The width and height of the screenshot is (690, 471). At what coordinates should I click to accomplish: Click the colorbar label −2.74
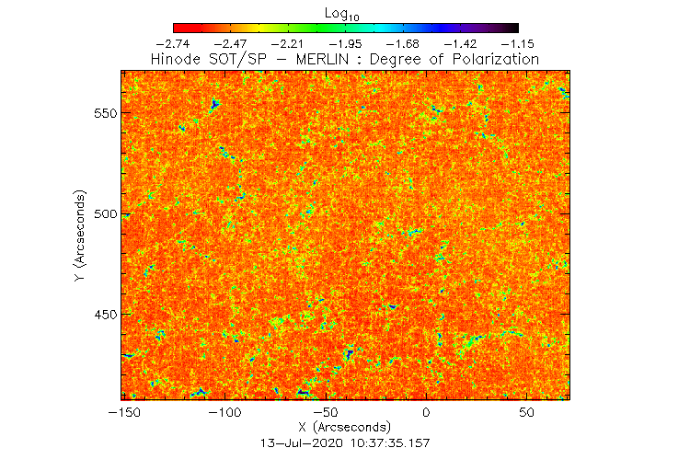pyautogui.click(x=174, y=43)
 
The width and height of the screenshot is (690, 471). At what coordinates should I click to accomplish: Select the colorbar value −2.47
pyautogui.click(x=231, y=43)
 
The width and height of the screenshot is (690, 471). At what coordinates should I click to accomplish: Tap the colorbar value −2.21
pyautogui.click(x=288, y=43)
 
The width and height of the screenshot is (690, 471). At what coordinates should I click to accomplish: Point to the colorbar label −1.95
pyautogui.click(x=345, y=43)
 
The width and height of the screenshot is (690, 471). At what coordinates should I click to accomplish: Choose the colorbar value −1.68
pyautogui.click(x=403, y=43)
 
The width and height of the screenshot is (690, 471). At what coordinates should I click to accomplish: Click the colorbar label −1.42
pyautogui.click(x=460, y=43)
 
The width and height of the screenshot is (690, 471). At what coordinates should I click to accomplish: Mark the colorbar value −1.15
pyautogui.click(x=517, y=43)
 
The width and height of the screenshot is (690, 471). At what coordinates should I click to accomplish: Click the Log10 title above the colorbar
pyautogui.click(x=345, y=12)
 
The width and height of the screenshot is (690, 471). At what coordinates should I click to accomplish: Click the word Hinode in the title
pyautogui.click(x=177, y=60)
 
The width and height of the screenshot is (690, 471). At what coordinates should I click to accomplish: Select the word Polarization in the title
pyautogui.click(x=493, y=60)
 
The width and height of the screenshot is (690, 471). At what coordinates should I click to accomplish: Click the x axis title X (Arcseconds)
pyautogui.click(x=345, y=429)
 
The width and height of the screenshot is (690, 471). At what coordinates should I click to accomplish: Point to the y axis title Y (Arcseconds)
pyautogui.click(x=82, y=236)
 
